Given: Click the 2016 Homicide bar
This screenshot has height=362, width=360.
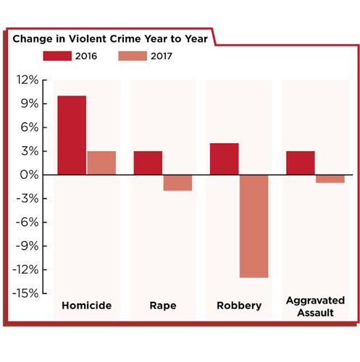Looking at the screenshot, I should click(x=72, y=135).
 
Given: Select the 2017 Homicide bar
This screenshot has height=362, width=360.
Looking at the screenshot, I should click(x=101, y=163).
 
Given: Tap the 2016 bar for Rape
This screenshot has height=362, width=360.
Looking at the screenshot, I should click(x=148, y=163).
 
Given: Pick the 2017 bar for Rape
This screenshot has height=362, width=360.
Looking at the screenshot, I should click(x=177, y=182).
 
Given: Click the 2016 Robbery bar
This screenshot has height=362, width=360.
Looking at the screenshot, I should click(x=224, y=159).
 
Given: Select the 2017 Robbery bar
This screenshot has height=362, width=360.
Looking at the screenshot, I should click(x=254, y=226).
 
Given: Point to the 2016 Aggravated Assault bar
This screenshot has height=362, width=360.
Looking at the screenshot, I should click(x=300, y=163).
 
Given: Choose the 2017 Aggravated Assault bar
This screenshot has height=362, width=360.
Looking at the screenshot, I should click(x=330, y=179).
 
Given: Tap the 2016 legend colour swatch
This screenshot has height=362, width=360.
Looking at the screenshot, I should click(x=57, y=55).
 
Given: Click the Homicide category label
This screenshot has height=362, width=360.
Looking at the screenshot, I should click(x=86, y=306).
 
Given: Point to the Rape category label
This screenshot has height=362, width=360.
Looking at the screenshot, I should click(x=162, y=306).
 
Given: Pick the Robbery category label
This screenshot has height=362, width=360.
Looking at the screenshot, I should click(x=239, y=306).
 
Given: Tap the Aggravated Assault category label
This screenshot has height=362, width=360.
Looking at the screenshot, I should click(x=315, y=306).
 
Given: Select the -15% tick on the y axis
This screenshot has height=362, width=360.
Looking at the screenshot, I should click(x=22, y=293).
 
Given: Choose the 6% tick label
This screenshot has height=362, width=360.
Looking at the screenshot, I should click(x=26, y=127).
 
